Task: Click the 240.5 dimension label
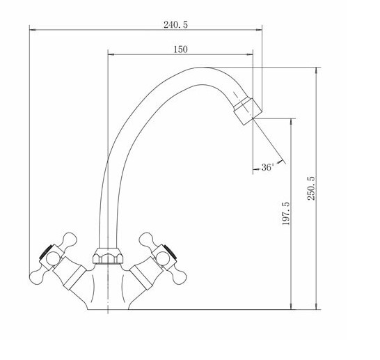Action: tap(175, 24)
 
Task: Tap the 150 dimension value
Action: tap(180, 49)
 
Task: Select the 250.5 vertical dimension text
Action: tap(311, 188)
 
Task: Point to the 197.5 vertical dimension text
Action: tap(286, 213)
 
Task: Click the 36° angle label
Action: tap(267, 167)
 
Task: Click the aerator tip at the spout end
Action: tap(248, 111)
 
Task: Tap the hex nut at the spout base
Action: tap(108, 256)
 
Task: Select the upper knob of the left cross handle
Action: tap(70, 240)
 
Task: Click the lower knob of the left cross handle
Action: tap(38, 276)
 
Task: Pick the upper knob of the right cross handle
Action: tap(147, 240)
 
